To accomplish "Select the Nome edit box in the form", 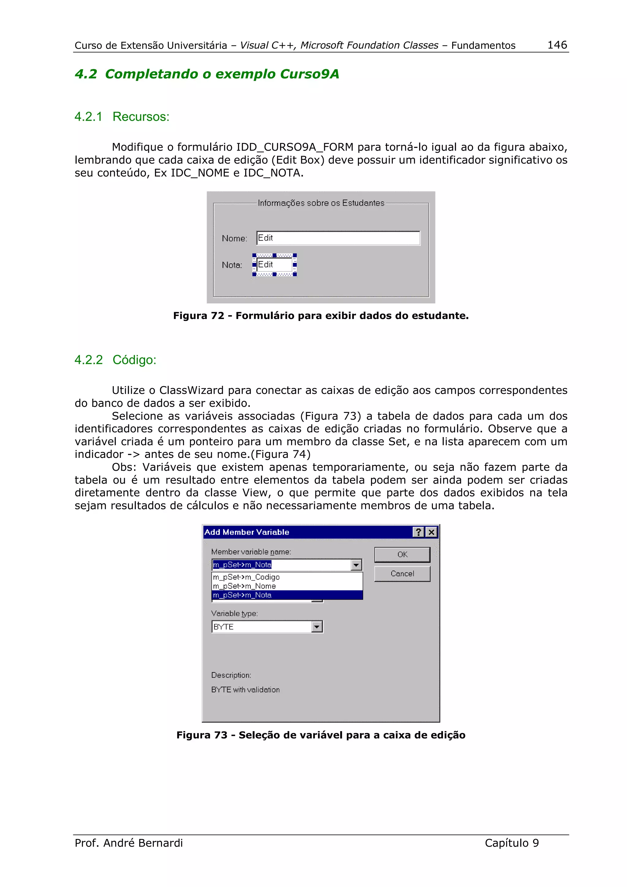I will [338, 238].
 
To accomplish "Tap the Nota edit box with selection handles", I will [274, 265].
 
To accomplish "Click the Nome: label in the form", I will [234, 238].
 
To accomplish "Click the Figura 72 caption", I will [321, 316].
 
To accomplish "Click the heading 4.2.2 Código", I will [115, 360].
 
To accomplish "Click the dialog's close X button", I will [431, 532].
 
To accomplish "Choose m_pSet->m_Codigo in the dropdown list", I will [246, 577].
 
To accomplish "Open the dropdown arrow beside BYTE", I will [317, 627].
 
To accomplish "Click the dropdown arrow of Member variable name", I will [356, 565].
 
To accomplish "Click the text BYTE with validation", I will [245, 690].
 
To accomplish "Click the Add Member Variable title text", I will [246, 532].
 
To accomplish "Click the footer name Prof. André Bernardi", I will [129, 843].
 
